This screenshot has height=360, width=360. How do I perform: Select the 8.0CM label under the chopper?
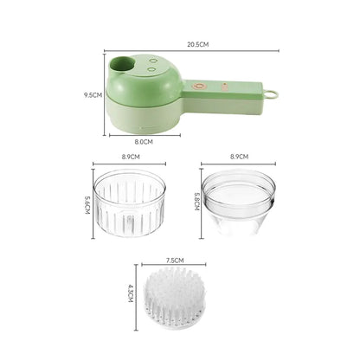pyautogui.click(x=144, y=141)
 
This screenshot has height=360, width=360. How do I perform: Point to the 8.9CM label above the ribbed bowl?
pyautogui.click(x=131, y=157)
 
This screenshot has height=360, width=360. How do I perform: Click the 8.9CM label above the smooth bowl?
pyautogui.click(x=239, y=157)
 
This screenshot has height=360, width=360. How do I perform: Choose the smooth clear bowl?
pyautogui.click(x=239, y=206)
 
